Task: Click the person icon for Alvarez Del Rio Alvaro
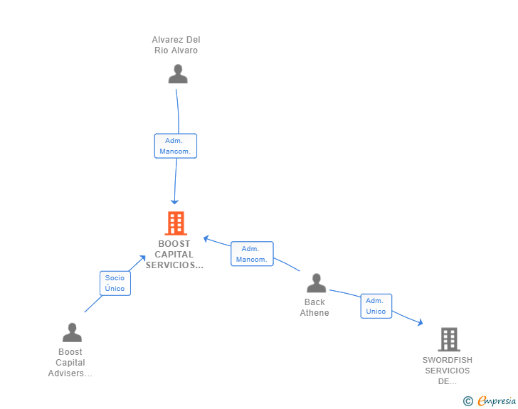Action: point(178,74)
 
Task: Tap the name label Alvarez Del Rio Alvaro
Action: point(176,45)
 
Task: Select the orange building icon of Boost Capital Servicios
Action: point(175,223)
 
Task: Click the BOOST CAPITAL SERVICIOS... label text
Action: point(174,255)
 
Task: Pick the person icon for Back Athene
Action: point(316,283)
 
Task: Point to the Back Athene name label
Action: point(314,307)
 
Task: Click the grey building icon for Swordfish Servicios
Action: point(449,339)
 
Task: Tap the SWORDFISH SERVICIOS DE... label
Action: point(447,371)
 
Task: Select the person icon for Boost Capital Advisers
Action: point(72,332)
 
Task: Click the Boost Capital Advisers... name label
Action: point(70,363)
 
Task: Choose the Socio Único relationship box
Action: point(115,283)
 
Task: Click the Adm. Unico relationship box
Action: point(376,306)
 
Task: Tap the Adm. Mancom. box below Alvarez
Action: point(175,146)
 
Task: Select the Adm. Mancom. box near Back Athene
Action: point(251,254)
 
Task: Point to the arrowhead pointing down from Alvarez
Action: point(174,202)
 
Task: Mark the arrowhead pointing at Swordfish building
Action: point(420,323)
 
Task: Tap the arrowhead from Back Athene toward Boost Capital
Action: point(206,238)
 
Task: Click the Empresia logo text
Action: point(497,401)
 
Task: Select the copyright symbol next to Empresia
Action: point(467,401)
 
